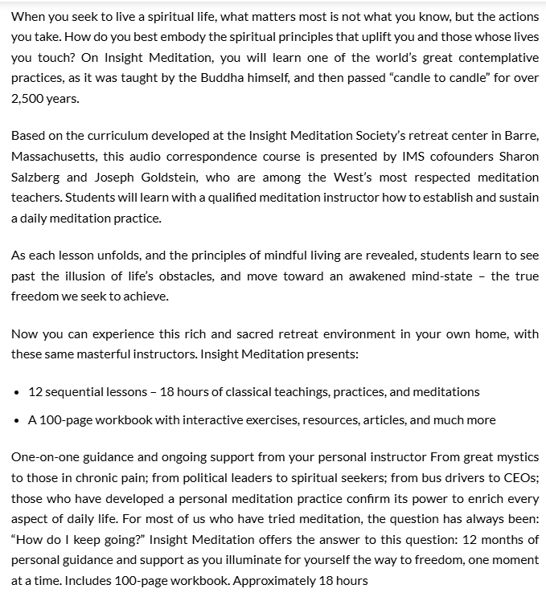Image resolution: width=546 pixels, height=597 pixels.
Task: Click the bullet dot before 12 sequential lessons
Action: coord(17,392)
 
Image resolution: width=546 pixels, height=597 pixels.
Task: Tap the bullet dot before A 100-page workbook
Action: coord(17,420)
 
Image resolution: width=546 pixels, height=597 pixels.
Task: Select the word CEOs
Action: coord(518,477)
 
